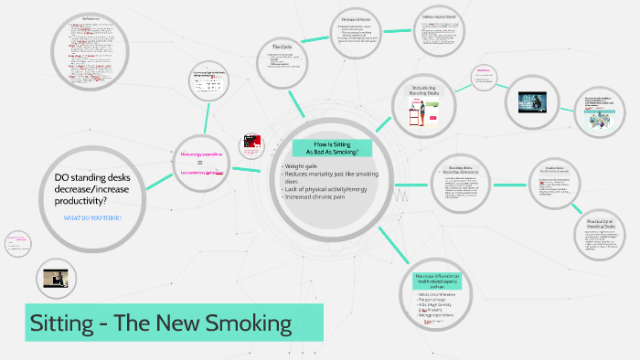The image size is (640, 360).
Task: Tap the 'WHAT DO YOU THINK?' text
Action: [92, 218]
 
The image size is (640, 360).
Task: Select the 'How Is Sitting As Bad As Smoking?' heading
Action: [331, 149]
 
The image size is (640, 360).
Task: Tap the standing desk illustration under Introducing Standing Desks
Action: [418, 115]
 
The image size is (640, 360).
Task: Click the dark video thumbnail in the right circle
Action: [525, 102]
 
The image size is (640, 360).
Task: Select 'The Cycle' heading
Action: [282, 47]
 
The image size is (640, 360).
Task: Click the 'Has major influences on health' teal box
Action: [440, 280]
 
